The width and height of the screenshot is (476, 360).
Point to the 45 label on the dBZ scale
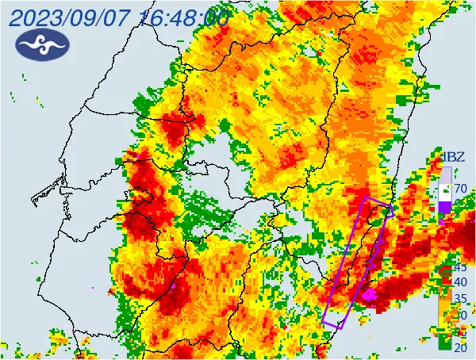pos(460,267)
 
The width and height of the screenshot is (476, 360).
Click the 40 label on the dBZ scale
pos(460,281)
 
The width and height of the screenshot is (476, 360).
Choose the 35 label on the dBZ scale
pos(460,298)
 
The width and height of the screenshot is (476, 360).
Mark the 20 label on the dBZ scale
pos(460,347)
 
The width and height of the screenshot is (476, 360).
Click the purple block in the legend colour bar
pos(445,207)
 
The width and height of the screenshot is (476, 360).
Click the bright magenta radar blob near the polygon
pos(369,295)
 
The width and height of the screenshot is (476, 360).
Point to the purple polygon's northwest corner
pos(364,197)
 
